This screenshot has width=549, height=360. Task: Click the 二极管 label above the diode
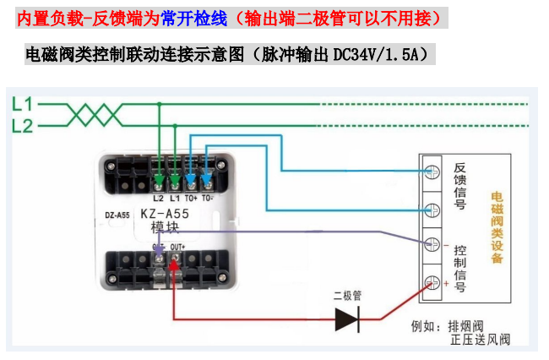347,296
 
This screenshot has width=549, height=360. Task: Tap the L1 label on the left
22,105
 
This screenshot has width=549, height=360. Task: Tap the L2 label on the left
22,126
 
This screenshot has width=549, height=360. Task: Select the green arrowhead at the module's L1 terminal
175,179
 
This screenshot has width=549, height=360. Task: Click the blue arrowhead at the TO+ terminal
190,179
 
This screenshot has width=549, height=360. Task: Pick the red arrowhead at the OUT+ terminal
173,265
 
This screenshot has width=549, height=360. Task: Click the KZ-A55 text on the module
165,214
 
